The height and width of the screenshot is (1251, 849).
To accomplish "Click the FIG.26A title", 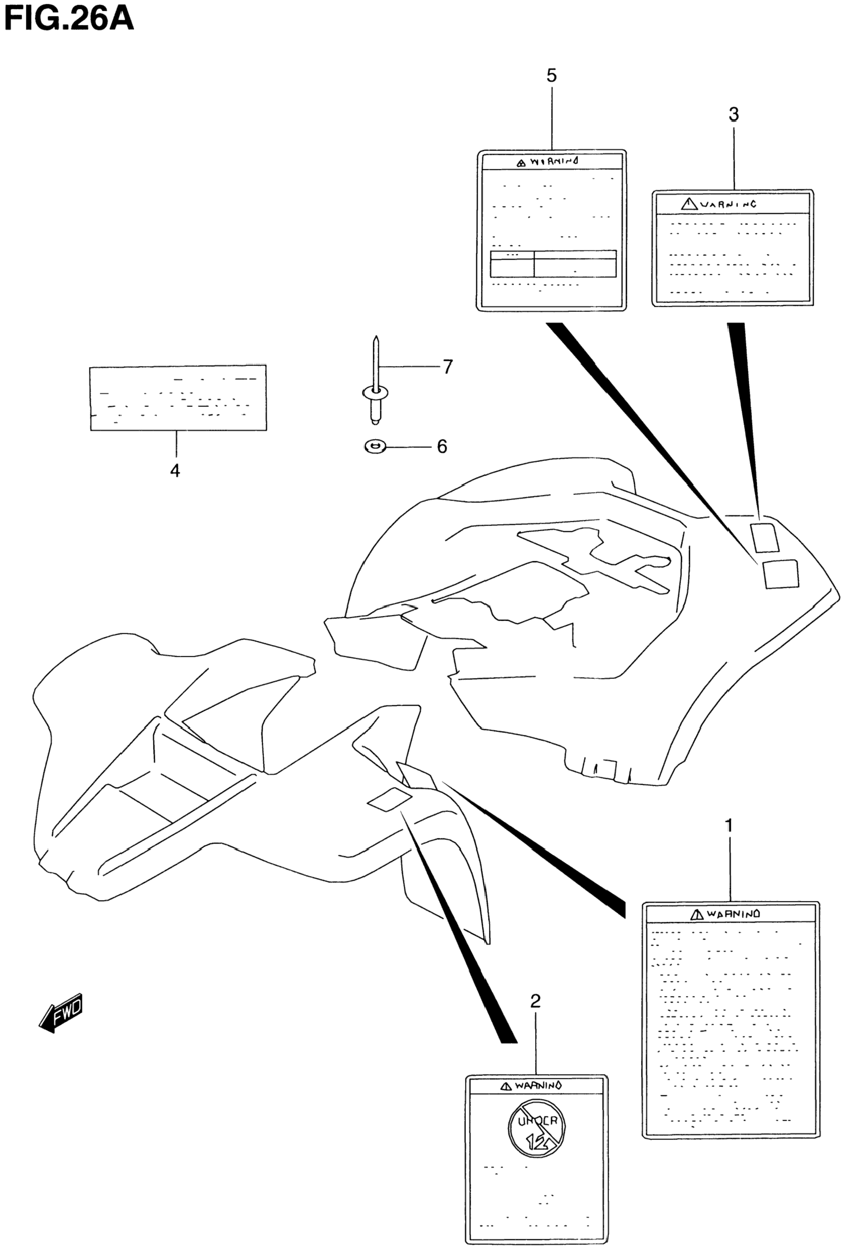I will pyautogui.click(x=68, y=20).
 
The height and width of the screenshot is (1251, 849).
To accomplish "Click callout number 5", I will pyautogui.click(x=551, y=76).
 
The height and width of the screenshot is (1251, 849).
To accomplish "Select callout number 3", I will pyautogui.click(x=733, y=115).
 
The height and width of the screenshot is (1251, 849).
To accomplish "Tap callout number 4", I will pyautogui.click(x=175, y=471).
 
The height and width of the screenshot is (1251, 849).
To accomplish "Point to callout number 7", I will pyautogui.click(x=448, y=367).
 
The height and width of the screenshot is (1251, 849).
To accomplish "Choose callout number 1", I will pyautogui.click(x=729, y=825).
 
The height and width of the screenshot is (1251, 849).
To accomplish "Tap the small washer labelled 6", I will pyautogui.click(x=375, y=446).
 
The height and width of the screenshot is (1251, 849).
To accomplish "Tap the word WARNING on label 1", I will pyautogui.click(x=733, y=914).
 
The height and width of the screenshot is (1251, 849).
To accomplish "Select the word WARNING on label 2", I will pyautogui.click(x=538, y=1085).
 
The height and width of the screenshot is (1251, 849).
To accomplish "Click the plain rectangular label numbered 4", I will pyautogui.click(x=178, y=398).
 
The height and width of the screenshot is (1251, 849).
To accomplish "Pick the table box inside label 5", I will pyautogui.click(x=553, y=264).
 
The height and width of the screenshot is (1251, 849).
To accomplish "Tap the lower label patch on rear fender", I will pyautogui.click(x=781, y=574).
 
